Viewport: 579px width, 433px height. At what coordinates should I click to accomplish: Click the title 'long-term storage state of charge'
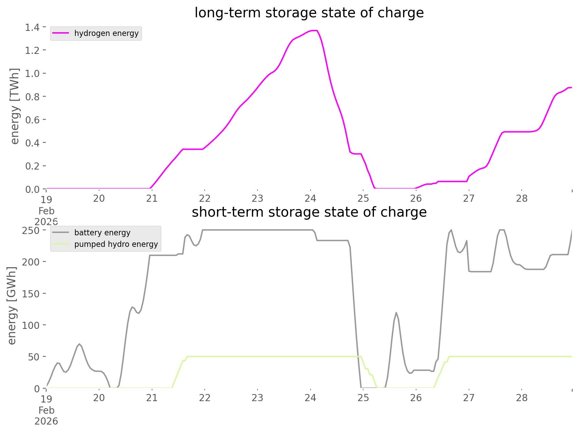tap(309, 13)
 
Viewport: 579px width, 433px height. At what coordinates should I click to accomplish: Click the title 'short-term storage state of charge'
tap(309, 212)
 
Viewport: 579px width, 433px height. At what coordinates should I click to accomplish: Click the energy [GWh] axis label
tap(12, 305)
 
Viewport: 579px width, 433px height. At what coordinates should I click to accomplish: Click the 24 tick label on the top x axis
tap(310, 198)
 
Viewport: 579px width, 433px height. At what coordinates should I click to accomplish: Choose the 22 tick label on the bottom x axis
tap(205, 398)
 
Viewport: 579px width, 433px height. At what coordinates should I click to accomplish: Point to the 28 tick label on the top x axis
tap(522, 198)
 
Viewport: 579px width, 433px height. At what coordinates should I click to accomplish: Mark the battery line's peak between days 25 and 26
tap(396, 312)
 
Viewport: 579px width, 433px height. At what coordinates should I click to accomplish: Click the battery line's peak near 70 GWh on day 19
tap(79, 344)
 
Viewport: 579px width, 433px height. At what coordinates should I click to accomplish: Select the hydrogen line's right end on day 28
tap(571, 87)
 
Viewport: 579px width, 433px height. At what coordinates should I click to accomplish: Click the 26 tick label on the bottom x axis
tap(416, 398)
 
